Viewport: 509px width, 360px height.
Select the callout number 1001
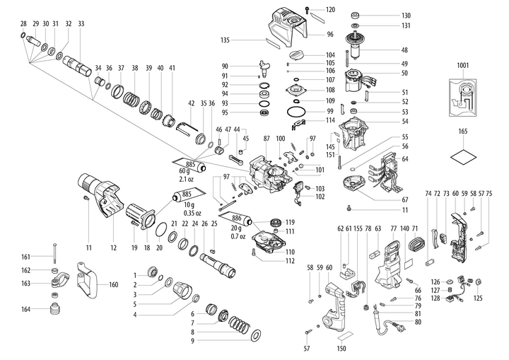[462, 66]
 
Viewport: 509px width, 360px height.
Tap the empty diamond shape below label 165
[462, 156]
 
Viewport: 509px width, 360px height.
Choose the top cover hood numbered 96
[286, 28]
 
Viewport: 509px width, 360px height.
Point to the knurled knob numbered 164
[54, 309]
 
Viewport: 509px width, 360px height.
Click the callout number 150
[342, 348]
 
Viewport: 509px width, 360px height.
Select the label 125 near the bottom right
[478, 299]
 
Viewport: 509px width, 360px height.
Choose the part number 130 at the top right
[405, 16]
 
